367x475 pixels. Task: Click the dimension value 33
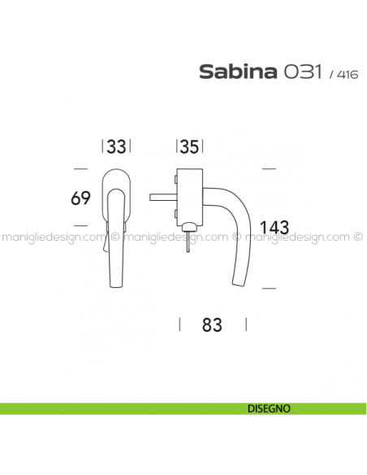pos(117,147)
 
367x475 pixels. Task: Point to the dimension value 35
pos(190,147)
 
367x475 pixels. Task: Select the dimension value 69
pos(80,198)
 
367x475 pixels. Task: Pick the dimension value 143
pos(274,227)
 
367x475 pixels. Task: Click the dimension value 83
pos(211,324)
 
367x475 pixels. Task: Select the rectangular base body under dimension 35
pos(189,195)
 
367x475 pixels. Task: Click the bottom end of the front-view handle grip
pos(116,285)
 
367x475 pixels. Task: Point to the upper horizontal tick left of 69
pos(80,168)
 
